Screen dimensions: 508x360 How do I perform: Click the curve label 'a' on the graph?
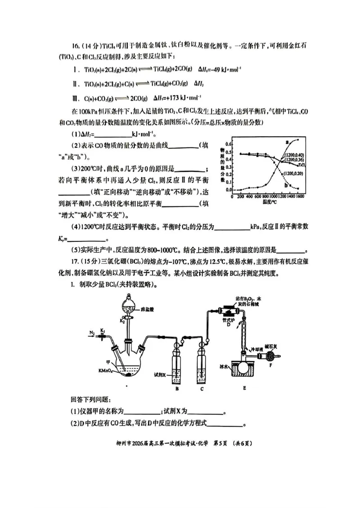point(287,142)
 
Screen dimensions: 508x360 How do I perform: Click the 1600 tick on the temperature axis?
point(300,196)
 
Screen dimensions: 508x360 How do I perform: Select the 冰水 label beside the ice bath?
point(225,367)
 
